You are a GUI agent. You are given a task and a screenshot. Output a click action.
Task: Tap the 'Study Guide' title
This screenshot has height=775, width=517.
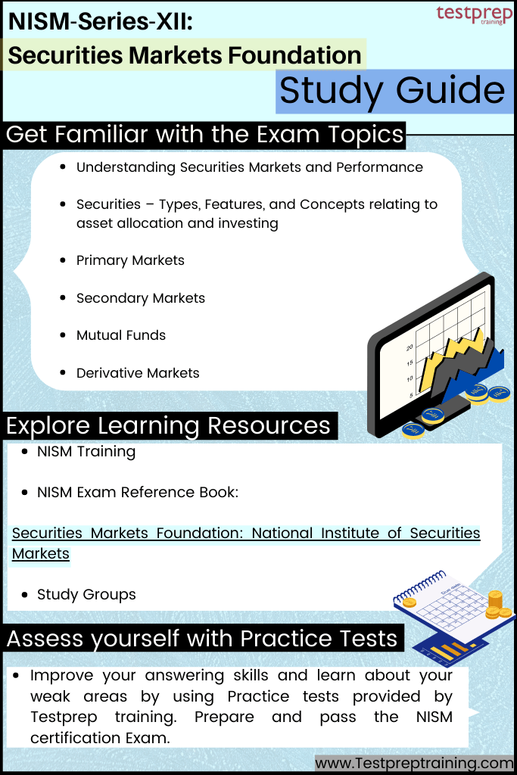[x=392, y=91]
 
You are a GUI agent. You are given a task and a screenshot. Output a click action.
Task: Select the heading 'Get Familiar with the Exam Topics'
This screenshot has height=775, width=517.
[x=204, y=135]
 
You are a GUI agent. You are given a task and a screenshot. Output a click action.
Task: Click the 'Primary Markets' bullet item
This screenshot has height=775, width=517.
[x=130, y=260]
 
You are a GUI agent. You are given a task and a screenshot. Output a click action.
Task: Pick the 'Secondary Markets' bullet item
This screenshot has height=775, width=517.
[x=140, y=298]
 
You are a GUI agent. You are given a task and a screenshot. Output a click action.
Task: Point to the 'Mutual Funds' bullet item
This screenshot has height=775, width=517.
[x=120, y=335]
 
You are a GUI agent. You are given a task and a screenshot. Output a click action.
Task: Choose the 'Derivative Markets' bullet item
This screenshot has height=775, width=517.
[x=138, y=373]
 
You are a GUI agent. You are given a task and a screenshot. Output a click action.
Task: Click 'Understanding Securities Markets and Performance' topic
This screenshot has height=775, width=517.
[x=249, y=167]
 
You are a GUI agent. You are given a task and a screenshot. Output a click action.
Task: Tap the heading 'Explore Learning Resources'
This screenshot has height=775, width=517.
[x=168, y=425]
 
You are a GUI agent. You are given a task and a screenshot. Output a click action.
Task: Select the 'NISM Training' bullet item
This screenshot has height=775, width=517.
[x=86, y=452]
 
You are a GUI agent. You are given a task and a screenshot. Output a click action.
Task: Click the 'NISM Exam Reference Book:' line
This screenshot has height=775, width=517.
[x=137, y=493]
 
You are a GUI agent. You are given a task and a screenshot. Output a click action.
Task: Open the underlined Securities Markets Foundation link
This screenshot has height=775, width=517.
[x=246, y=534]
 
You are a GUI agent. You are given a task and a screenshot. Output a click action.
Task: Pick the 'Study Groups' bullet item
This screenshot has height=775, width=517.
[x=86, y=595]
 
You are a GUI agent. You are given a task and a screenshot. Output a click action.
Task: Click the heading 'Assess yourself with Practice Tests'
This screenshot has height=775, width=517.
[x=202, y=638]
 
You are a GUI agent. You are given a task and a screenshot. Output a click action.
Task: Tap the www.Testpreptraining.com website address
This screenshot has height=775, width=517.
[x=414, y=763]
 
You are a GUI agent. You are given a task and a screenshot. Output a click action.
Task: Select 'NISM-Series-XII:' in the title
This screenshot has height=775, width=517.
[x=101, y=23]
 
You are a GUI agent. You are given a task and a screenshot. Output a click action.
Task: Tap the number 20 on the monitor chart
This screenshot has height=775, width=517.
[x=409, y=347]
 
